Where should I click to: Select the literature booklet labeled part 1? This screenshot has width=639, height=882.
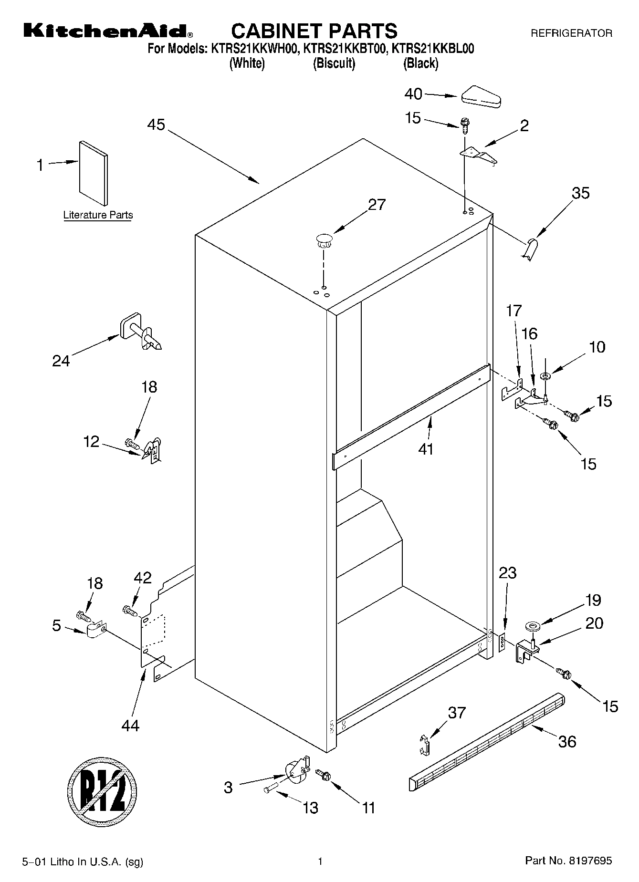point(94,173)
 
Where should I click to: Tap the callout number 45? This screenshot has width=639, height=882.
point(156,125)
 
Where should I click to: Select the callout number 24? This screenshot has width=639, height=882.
point(61,361)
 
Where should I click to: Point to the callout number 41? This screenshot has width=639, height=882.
point(426,449)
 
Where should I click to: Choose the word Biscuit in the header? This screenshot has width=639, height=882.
point(334,63)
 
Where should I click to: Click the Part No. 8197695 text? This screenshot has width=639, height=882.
point(568,861)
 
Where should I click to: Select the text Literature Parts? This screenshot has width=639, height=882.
point(98,215)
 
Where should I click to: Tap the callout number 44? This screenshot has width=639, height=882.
point(130,726)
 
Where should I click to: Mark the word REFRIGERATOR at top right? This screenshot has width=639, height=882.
point(571,33)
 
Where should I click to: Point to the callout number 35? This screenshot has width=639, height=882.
point(581,193)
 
